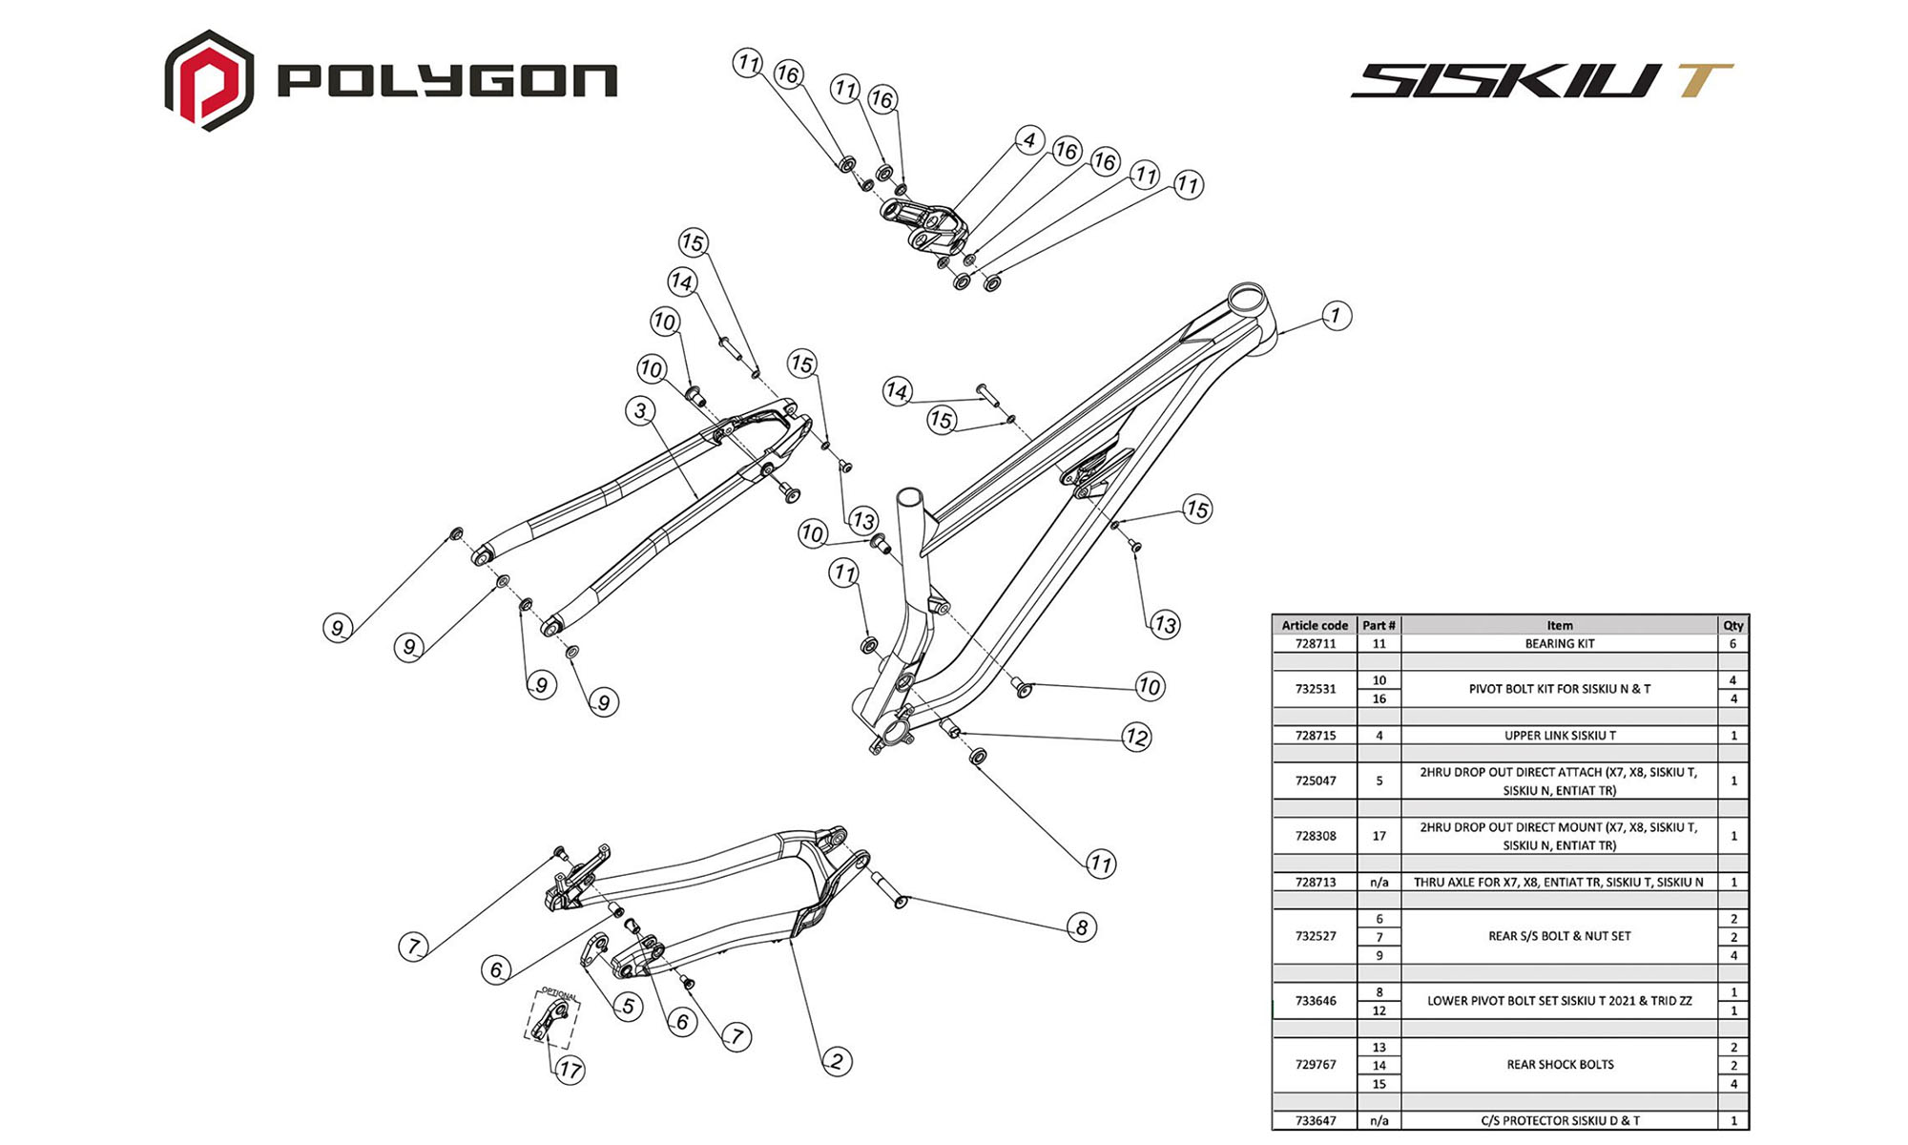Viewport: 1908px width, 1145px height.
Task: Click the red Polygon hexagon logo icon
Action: [209, 80]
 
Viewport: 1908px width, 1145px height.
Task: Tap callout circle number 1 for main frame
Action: [1336, 316]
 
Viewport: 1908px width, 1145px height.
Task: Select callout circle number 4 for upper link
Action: [1028, 140]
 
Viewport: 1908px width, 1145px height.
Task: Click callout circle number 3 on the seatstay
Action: [640, 411]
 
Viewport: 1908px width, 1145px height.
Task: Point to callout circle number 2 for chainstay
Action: [837, 1061]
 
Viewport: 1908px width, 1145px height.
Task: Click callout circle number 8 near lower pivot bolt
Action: [1081, 927]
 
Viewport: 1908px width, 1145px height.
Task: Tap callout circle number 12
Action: [1135, 738]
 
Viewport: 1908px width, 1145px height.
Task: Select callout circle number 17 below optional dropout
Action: [570, 1070]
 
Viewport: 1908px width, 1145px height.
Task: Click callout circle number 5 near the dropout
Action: [627, 1006]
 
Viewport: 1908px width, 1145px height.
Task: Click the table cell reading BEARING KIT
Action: [1559, 644]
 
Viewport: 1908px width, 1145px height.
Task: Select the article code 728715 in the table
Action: [1315, 736]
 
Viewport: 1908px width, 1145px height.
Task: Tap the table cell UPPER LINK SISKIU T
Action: [1559, 736]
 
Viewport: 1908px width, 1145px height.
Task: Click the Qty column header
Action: [1732, 626]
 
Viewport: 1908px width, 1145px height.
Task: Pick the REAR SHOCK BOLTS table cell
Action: [1559, 1065]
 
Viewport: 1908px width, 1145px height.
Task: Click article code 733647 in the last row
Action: [1315, 1121]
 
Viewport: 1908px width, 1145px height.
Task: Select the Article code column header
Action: [1315, 626]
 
